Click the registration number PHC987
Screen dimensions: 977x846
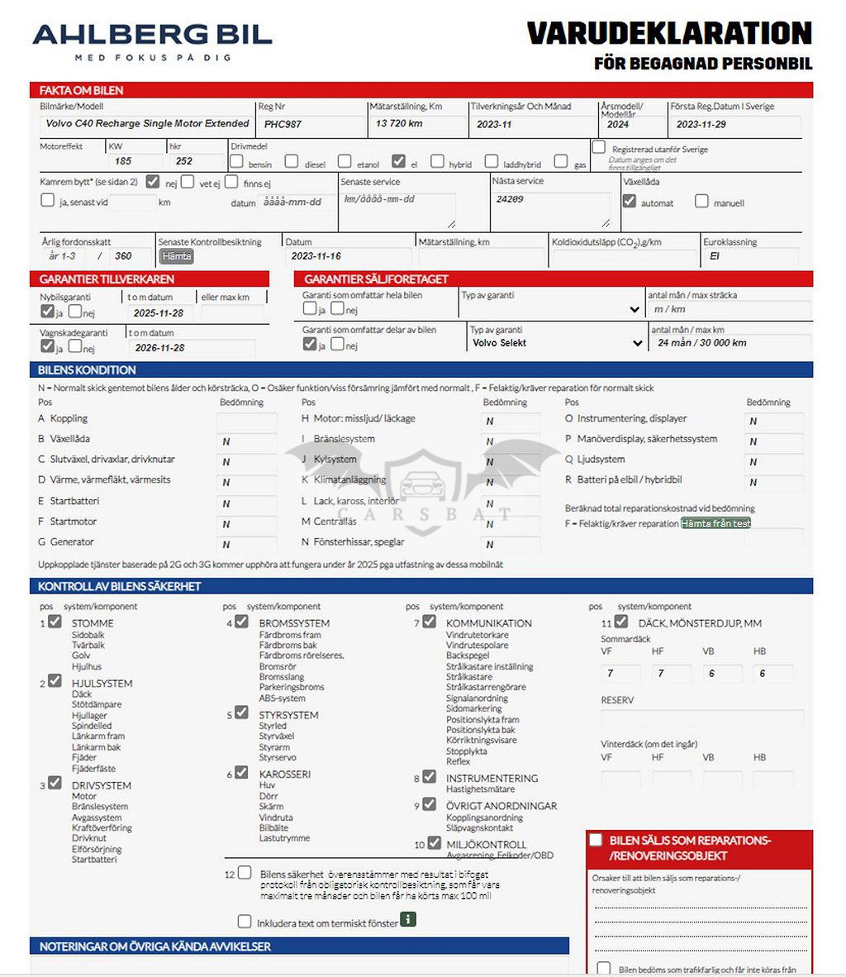pos(283,125)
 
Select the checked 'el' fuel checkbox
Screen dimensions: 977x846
pos(399,162)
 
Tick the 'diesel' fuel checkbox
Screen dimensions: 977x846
pos(292,162)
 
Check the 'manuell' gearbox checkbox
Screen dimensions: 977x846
pos(701,201)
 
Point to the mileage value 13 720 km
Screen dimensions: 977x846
pos(399,124)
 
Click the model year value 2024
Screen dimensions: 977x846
pos(618,125)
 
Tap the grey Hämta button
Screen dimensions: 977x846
pos(177,256)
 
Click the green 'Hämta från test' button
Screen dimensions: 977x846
pos(715,523)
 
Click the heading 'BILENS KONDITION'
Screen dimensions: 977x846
pos(87,370)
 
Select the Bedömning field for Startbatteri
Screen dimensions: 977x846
pos(246,503)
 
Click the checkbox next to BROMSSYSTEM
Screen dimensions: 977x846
pos(241,622)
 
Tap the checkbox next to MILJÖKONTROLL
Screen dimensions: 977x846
pos(430,844)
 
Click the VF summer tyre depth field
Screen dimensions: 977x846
pos(620,674)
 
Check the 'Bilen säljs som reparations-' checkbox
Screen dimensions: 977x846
pos(596,840)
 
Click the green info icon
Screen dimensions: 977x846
pos(408,920)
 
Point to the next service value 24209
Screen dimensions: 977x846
pos(510,200)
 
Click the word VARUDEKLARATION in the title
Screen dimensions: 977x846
pos(669,34)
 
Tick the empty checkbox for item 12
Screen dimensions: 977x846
pos(245,873)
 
